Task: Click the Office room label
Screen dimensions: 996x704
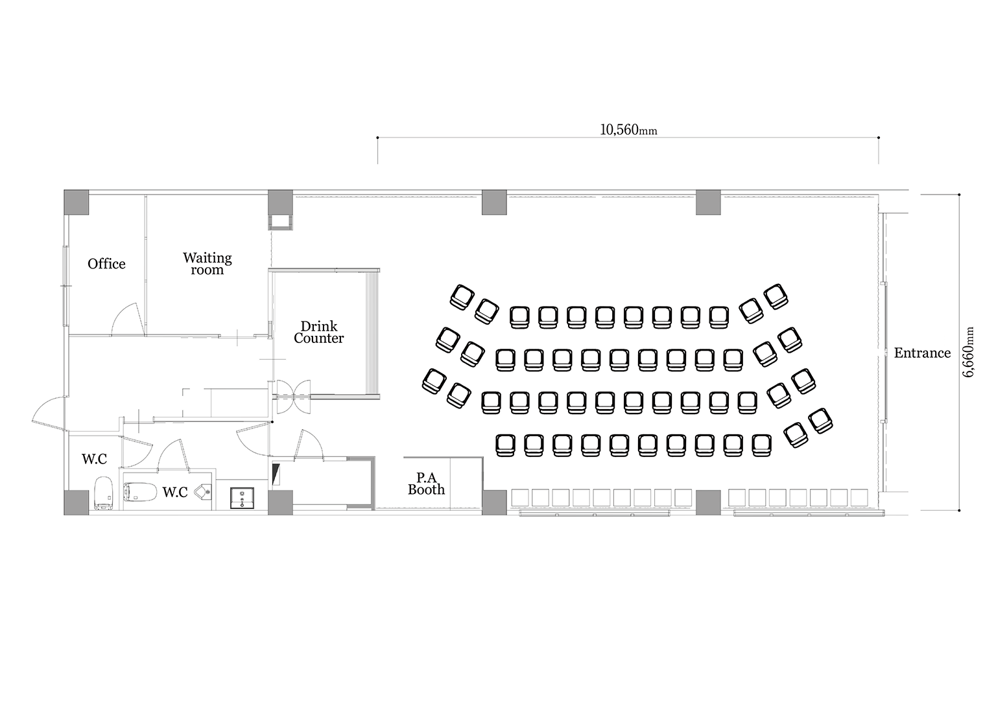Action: (106, 264)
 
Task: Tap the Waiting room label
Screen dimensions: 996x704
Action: (207, 264)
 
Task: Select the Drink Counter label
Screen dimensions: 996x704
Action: (319, 332)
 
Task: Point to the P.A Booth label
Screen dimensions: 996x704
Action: (427, 484)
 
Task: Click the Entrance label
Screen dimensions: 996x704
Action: (922, 353)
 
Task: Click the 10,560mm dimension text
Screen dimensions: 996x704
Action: (628, 130)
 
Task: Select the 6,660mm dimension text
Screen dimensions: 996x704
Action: (968, 352)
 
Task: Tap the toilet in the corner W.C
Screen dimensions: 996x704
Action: (104, 493)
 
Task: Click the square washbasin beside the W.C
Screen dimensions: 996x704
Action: (242, 498)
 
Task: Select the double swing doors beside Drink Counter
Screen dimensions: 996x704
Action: (294, 395)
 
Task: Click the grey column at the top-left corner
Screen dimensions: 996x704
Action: (76, 203)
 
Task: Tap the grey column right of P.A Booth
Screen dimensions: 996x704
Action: (495, 502)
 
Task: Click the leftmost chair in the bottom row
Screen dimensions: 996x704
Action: (505, 445)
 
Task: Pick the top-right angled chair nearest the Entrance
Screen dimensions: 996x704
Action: (776, 296)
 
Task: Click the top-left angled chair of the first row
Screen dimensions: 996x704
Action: (462, 298)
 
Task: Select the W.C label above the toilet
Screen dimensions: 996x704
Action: (94, 459)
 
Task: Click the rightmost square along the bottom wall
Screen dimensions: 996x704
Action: (859, 498)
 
